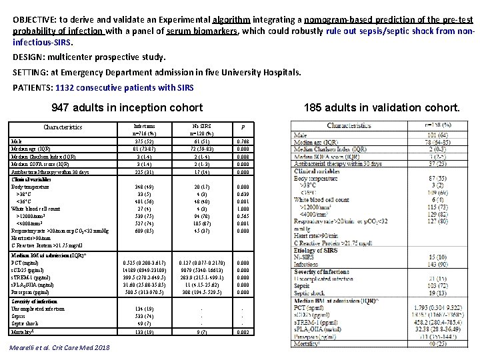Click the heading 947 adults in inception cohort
click(127, 107)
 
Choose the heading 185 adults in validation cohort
click(382, 107)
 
